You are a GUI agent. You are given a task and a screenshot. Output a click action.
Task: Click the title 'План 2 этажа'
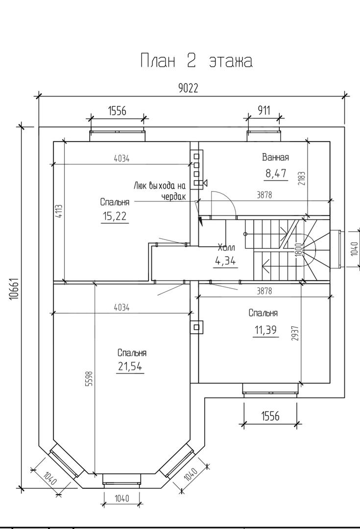pyautogui.click(x=196, y=61)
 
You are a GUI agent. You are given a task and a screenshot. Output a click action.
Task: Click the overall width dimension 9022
pyautogui.click(x=188, y=88)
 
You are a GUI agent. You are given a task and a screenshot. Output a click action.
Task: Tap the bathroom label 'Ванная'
pyautogui.click(x=275, y=157)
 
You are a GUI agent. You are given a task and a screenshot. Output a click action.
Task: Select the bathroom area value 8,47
pyautogui.click(x=276, y=173)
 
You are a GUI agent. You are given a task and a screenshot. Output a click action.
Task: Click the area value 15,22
pyautogui.click(x=115, y=216)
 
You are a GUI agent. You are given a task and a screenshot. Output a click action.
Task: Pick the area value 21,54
pyautogui.click(x=130, y=366)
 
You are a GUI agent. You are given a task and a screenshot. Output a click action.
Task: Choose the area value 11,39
pyautogui.click(x=266, y=330)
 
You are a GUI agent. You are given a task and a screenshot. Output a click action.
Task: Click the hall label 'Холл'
pyautogui.click(x=226, y=247)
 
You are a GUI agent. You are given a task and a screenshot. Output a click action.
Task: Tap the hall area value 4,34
pyautogui.click(x=225, y=261)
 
